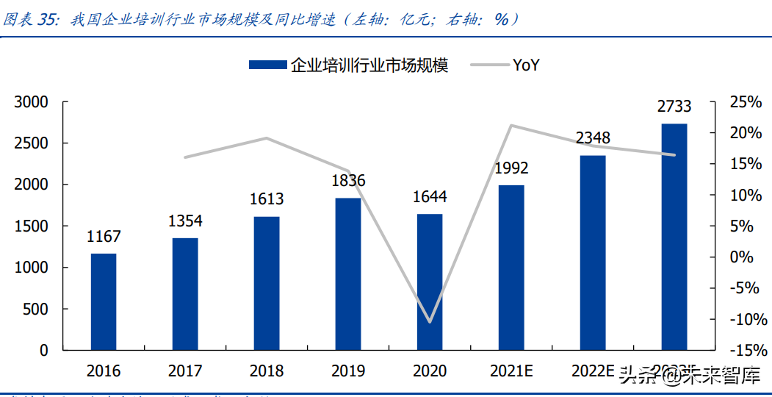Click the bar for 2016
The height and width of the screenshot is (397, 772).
[x=104, y=301]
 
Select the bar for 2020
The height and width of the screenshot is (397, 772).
[x=430, y=282]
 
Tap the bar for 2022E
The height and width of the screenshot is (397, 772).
[x=593, y=252]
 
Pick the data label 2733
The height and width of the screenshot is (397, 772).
[x=674, y=107]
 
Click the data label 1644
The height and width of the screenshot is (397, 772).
[x=430, y=197]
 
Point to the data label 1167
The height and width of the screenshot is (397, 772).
[x=104, y=237]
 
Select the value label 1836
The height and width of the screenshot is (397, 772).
[x=348, y=181]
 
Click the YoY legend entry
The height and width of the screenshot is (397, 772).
[x=526, y=65]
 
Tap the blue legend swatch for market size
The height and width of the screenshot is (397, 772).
[x=267, y=65]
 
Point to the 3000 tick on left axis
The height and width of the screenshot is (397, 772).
[x=32, y=102]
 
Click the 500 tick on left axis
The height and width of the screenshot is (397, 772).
[x=36, y=310]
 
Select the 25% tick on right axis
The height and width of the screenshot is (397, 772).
[x=745, y=102]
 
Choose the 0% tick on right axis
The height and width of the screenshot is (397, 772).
[x=740, y=257]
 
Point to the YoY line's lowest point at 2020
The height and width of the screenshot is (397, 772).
[x=430, y=322]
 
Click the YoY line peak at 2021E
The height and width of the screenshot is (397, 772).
[x=511, y=125]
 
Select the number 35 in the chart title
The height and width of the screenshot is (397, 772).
[x=46, y=20]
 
